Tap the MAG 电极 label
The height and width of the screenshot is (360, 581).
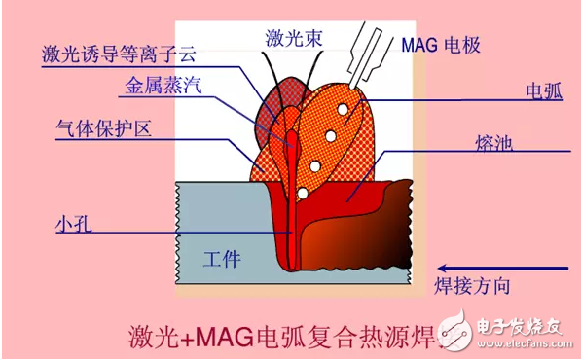[441, 45]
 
